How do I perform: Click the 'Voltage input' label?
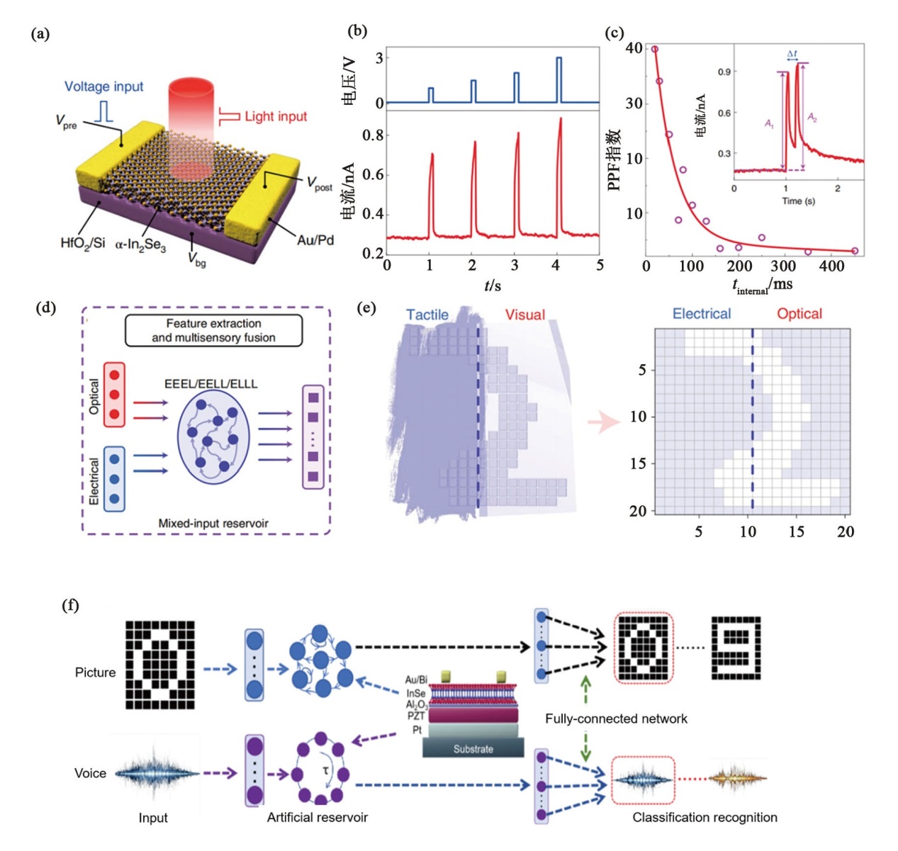[x=103, y=86]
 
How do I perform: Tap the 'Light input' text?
[x=276, y=116]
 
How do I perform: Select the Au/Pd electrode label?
[x=315, y=240]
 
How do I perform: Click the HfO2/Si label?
[x=82, y=243]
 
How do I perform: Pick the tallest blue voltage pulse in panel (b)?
[x=559, y=79]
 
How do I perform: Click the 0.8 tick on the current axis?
[x=373, y=135]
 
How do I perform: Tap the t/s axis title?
[x=493, y=286]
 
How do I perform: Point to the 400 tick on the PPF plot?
[x=831, y=266]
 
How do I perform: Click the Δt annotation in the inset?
[x=792, y=54]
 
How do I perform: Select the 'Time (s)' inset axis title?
[x=798, y=201]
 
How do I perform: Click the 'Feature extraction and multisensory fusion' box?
[x=213, y=331]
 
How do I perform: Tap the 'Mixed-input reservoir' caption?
[x=213, y=524]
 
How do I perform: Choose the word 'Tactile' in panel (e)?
[x=427, y=315]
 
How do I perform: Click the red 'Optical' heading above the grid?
[x=799, y=314]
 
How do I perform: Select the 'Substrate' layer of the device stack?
[x=473, y=749]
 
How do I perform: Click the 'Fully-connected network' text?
[x=616, y=718]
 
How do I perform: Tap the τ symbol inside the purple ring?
[x=326, y=770]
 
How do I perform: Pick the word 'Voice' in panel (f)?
[x=90, y=773]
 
